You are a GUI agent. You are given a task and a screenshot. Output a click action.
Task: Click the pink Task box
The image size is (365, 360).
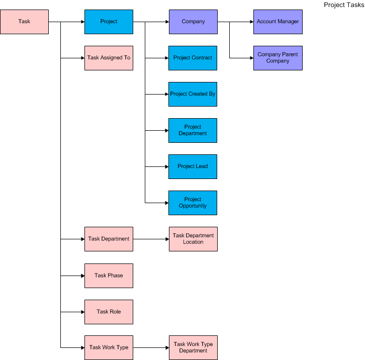pos(24,22)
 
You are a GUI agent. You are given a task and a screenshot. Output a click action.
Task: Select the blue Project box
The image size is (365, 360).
pos(109,22)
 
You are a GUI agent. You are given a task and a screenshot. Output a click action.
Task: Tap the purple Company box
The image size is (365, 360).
pos(193,22)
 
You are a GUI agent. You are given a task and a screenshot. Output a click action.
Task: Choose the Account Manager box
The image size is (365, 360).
pos(278,22)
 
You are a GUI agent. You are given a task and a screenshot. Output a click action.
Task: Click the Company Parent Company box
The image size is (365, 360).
pos(278,58)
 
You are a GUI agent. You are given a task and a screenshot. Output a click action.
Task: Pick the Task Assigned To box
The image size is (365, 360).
pos(109,58)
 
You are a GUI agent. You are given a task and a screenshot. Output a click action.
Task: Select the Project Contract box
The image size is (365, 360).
pos(193,58)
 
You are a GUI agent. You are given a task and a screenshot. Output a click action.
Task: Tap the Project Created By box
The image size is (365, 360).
pos(193,94)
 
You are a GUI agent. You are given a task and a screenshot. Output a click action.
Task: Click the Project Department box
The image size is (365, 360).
pos(193,130)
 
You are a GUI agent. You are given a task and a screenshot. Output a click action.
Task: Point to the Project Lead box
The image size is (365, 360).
pos(193,166)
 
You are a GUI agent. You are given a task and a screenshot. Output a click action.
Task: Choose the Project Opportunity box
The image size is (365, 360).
pos(193,203)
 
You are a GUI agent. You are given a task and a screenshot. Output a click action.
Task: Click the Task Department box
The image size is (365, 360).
pos(109,239)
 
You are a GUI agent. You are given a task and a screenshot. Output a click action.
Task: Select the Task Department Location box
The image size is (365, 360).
pos(193,239)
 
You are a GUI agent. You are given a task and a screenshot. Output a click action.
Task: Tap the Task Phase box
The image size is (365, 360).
pos(109,276)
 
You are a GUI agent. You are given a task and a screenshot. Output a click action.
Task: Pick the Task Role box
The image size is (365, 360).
pos(109,312)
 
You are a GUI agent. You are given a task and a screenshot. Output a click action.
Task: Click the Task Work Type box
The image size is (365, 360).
pos(109,347)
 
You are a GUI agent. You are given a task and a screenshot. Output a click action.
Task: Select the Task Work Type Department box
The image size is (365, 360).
pos(193,347)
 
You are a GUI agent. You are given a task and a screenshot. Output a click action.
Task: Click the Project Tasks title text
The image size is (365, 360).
pos(343,5)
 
